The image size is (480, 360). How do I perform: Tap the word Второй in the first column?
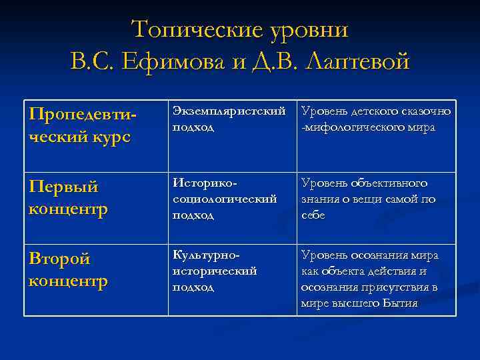[x=60, y=259]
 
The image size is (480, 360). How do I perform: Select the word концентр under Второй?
[x=68, y=281]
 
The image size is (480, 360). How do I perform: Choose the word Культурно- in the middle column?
[x=206, y=255]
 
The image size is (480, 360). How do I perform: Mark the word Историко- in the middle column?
[x=205, y=183]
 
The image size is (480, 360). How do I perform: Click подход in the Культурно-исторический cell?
[x=193, y=287]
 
